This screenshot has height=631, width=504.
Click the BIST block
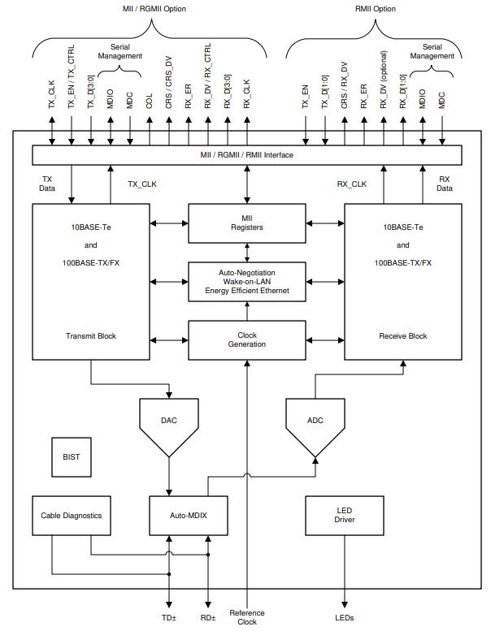click(72, 457)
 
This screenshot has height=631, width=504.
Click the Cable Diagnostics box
click(72, 516)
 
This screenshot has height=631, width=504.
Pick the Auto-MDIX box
click(189, 516)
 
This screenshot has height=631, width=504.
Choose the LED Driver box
click(345, 516)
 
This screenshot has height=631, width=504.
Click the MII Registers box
click(247, 223)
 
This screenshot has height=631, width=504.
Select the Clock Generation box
click(247, 339)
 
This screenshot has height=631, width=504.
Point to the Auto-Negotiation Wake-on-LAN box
click(247, 282)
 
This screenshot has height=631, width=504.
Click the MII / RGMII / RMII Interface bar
click(247, 155)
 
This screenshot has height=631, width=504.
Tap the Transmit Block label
click(91, 335)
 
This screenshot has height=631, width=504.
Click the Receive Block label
click(403, 335)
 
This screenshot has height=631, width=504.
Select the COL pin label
click(150, 101)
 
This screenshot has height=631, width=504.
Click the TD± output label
click(169, 618)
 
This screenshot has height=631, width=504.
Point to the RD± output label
click(208, 618)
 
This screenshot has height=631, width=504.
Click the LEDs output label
click(345, 618)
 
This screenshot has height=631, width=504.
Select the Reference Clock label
click(247, 617)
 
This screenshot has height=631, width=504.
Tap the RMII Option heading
click(374, 9)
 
